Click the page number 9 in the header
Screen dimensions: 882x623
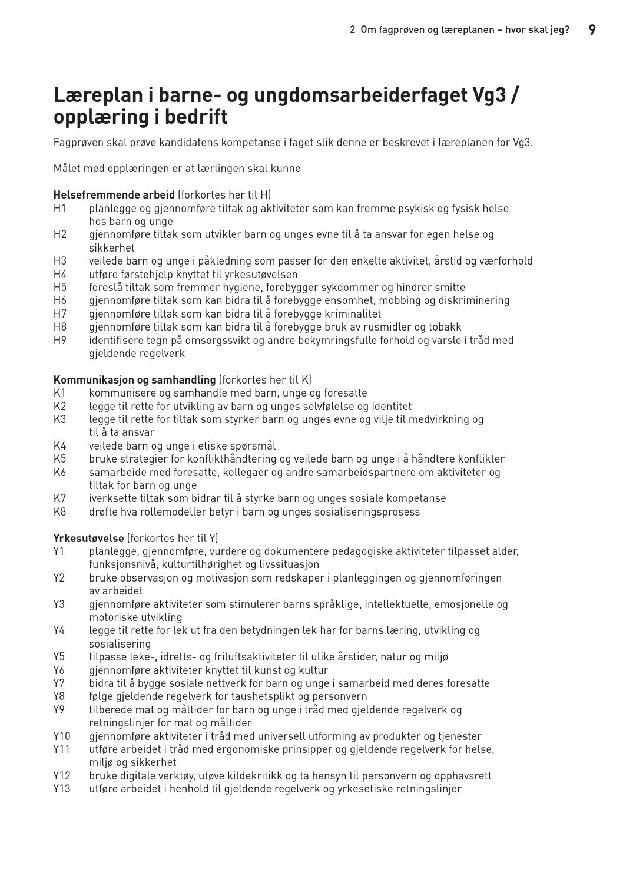[x=592, y=29]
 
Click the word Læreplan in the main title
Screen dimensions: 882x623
[x=94, y=95]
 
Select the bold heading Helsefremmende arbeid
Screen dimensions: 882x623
[x=114, y=195]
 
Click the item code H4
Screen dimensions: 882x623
[x=60, y=275]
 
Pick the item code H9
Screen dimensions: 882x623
[x=60, y=341]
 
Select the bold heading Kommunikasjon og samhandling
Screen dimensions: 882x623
[x=134, y=380]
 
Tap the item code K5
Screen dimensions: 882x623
[x=60, y=459]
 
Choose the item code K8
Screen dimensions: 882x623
[x=60, y=512]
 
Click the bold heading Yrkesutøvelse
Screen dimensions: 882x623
[x=88, y=539]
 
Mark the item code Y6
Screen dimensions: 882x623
[x=59, y=670]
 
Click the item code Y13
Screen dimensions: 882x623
[x=62, y=789]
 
